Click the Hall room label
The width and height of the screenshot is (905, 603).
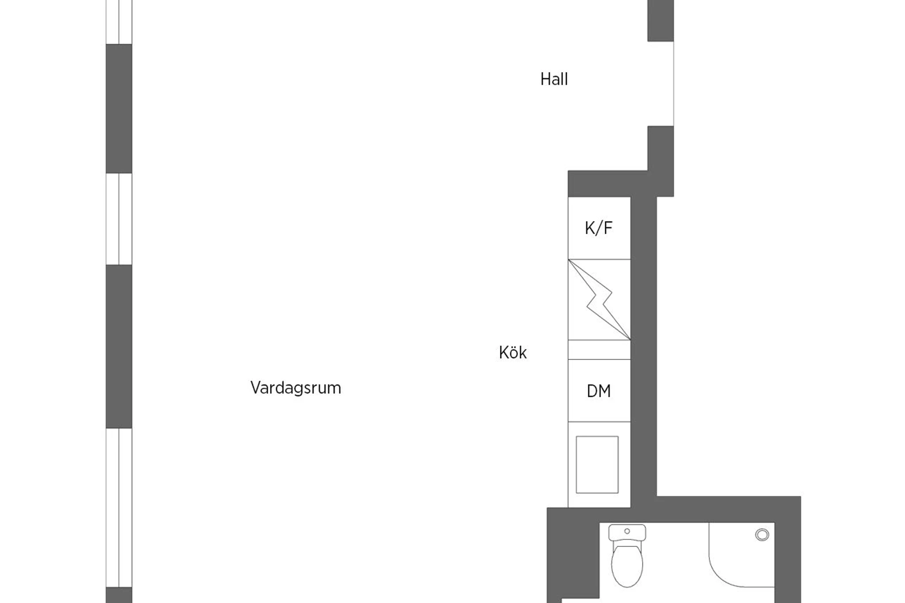[554, 80]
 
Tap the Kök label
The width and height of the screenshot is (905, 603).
[513, 353]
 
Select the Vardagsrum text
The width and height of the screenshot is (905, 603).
[296, 388]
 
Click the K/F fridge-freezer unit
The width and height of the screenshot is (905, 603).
[599, 228]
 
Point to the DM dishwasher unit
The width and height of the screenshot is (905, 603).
[599, 391]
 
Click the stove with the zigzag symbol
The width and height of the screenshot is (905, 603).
[599, 300]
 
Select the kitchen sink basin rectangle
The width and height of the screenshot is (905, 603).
[597, 465]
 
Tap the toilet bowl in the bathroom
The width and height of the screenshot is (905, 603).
[627, 566]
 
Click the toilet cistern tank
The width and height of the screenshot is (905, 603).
[627, 533]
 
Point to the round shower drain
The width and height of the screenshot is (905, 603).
[762, 535]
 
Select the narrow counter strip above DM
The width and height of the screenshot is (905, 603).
[599, 350]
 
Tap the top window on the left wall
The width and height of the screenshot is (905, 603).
[119, 22]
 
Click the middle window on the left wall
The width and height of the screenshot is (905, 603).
[119, 219]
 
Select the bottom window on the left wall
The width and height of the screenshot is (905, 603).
[119, 508]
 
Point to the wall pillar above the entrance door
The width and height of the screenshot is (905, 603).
[661, 21]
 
